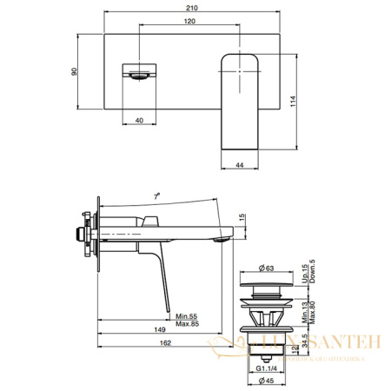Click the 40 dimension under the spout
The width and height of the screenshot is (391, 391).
(139, 122)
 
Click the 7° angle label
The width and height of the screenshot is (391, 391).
(156, 198)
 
